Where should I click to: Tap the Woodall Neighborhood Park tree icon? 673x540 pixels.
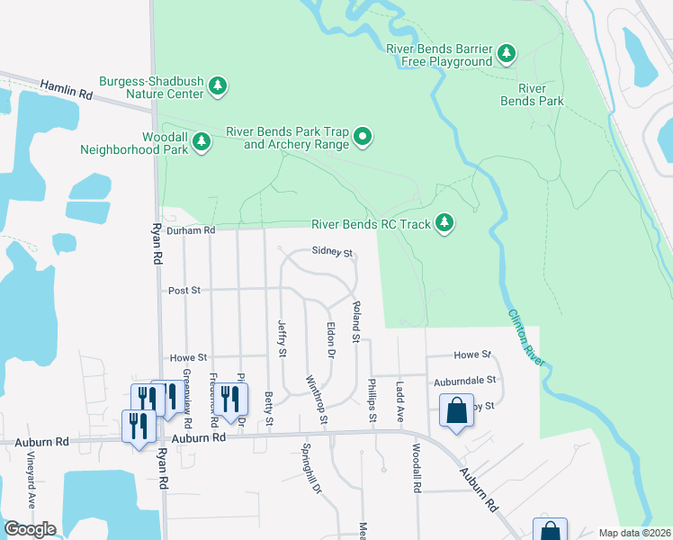[202, 141]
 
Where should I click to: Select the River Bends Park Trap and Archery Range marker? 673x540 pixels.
[363, 137]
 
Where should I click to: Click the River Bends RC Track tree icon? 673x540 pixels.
[444, 222]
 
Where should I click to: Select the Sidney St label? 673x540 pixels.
[331, 253]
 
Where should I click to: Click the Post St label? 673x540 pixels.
[184, 291]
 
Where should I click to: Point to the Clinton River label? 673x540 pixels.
[527, 337]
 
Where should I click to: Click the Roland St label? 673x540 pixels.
[356, 322]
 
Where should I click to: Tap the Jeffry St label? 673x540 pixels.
[282, 341]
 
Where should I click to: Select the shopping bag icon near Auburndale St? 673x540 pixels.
[456, 411]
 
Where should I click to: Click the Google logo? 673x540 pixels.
[30, 529]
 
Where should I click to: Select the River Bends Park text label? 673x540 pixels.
[533, 94]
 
